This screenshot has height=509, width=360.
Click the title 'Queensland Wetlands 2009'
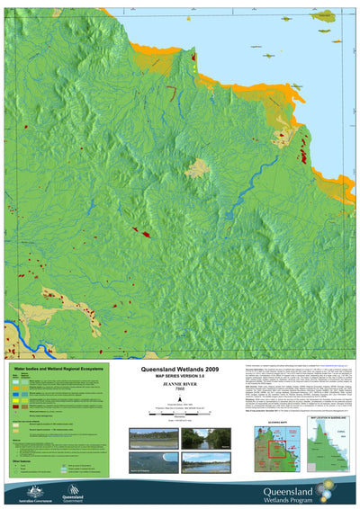click(x=180, y=370)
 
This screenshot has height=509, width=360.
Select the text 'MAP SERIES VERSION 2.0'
click(x=180, y=377)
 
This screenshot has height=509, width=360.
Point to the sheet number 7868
click(x=180, y=395)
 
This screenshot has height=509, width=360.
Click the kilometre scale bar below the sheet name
click(x=180, y=411)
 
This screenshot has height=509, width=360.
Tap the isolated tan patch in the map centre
click(x=198, y=166)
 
